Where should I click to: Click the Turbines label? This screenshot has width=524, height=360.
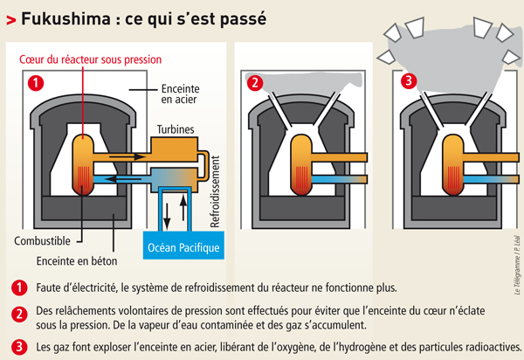coord(180,128)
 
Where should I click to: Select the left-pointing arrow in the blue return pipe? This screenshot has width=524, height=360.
coord(114,177)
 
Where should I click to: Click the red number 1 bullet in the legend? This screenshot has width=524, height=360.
coord(19,287)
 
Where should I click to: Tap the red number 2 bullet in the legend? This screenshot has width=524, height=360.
coord(19,314)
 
